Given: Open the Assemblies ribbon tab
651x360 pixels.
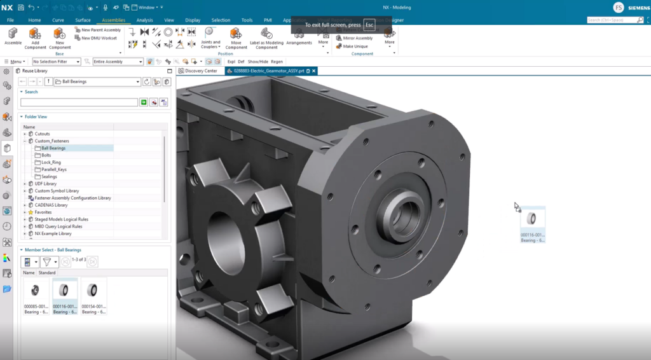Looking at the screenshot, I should [x=113, y=20].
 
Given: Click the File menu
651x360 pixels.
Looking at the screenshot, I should [x=10, y=20].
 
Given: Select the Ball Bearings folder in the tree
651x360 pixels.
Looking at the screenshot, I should [x=53, y=148].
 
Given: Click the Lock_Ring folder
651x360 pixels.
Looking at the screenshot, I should [x=51, y=162].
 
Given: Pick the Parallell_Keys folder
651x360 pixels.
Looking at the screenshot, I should [x=53, y=169].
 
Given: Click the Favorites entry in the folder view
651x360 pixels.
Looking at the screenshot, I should [x=43, y=212].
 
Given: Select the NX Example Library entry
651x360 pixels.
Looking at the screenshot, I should [x=53, y=233].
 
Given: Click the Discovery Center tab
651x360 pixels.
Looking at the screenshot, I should [x=200, y=71].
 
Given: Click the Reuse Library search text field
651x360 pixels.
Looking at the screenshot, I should [x=79, y=102].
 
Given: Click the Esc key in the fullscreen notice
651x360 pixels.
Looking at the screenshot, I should [x=369, y=25].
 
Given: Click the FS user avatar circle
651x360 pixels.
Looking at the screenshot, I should [x=619, y=8].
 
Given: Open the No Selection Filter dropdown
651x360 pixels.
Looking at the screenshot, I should [x=57, y=62].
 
